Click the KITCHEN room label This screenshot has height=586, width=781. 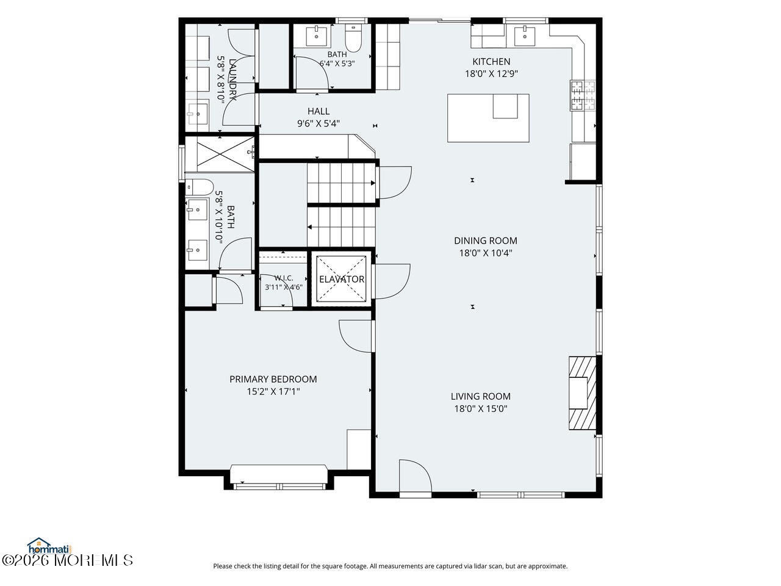coord(491,62)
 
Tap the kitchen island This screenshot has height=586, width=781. coord(488,118)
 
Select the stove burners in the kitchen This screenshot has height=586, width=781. coord(583,95)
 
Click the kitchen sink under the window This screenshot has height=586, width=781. coord(525,36)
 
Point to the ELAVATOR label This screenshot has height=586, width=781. coord(342,280)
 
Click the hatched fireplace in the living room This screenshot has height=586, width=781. coord(583,392)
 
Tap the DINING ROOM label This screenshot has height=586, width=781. coord(485,241)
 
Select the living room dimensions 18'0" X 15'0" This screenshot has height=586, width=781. coord(481,408)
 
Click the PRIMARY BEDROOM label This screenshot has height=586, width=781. coord(273,379)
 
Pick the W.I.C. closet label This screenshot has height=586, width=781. coord(284,278)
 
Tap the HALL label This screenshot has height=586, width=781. coord(319,111)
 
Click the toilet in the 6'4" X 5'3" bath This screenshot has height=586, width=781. coord(353,38)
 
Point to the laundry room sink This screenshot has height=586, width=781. coord(198,114)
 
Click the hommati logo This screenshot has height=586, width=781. coord(50,546)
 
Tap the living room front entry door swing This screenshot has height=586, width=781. coord(416,477)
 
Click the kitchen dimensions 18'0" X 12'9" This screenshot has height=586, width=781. coord(491,74)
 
